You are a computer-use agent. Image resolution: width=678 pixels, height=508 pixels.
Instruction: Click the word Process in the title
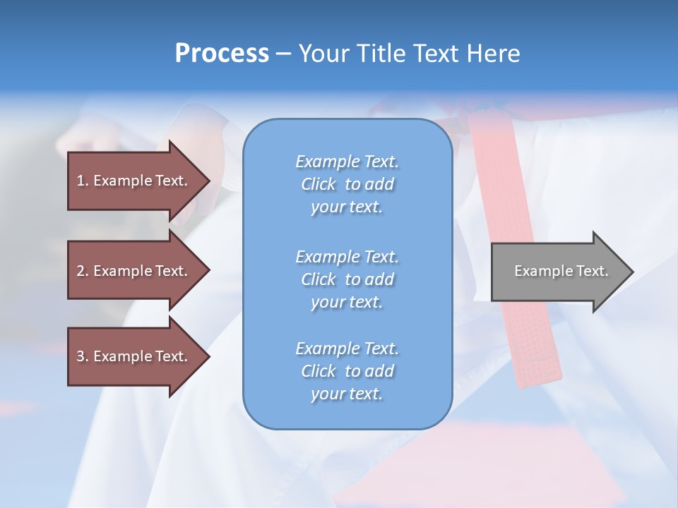[x=222, y=54]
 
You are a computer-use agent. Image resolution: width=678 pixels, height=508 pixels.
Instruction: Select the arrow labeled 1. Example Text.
[x=134, y=181]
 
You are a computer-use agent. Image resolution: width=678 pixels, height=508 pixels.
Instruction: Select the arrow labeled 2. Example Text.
[x=134, y=271]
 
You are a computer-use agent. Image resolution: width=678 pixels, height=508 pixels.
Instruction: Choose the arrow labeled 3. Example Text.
[x=134, y=356]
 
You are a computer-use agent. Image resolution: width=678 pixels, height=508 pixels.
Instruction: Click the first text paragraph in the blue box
[x=347, y=184]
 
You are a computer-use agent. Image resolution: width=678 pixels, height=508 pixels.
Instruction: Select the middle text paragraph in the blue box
[x=347, y=279]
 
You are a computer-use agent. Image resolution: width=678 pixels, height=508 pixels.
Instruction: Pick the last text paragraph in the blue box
[x=347, y=371]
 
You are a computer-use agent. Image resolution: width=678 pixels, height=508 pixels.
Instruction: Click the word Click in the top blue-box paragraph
[x=319, y=184]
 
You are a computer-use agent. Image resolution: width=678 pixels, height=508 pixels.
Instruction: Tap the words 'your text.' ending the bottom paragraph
[x=347, y=394]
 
